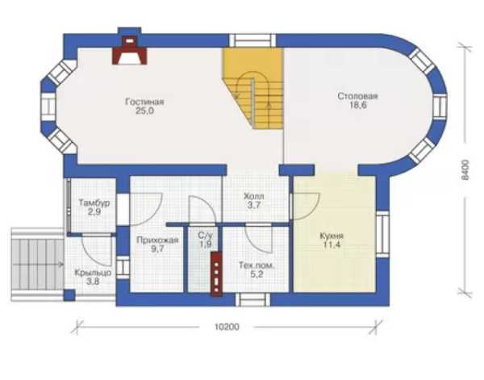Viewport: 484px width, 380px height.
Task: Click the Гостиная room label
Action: (x=144, y=102)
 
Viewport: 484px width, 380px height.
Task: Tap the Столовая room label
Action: (x=357, y=96)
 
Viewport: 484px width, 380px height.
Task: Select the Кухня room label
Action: (x=332, y=236)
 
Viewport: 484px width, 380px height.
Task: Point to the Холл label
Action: (x=254, y=196)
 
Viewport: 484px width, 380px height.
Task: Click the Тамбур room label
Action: (x=94, y=203)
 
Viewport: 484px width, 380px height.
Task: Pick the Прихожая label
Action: (x=157, y=240)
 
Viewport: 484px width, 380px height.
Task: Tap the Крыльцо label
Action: (x=93, y=273)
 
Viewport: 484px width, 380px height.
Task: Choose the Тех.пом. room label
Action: (x=257, y=265)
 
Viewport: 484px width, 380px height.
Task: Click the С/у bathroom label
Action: (x=205, y=236)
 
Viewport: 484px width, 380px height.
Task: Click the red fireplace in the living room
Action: (x=129, y=51)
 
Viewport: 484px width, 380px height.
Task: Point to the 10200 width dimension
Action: (x=227, y=327)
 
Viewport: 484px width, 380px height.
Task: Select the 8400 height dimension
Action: (x=465, y=169)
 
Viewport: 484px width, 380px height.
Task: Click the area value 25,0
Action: (x=144, y=111)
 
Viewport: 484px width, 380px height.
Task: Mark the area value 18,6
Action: (x=357, y=105)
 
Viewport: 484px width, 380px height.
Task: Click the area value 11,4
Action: (x=332, y=245)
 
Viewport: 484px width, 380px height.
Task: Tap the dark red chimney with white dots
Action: (x=217, y=274)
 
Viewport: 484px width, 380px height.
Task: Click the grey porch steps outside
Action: (x=37, y=265)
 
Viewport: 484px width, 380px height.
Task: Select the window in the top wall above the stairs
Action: (x=252, y=40)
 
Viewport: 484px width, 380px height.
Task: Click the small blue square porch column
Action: (x=69, y=295)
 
